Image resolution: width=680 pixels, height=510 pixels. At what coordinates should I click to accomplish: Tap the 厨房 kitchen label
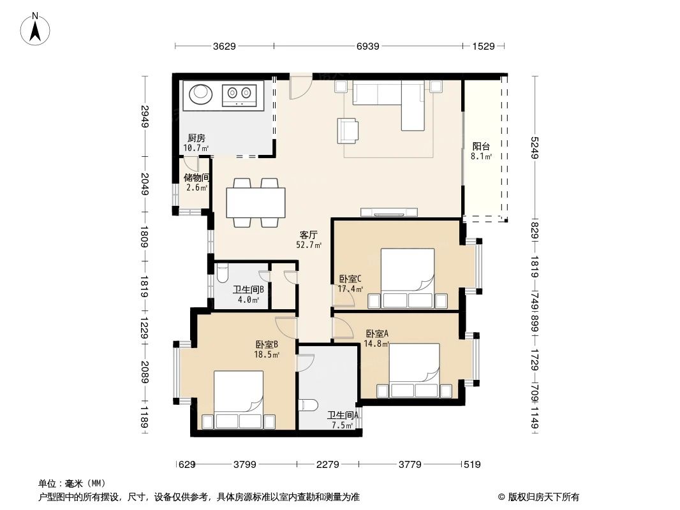[x=196, y=138]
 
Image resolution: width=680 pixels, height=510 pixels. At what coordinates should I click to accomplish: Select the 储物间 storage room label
[x=197, y=178]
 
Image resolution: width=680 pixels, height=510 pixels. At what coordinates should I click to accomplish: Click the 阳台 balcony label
[x=481, y=146]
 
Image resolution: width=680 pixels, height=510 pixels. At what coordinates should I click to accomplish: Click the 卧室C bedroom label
[x=350, y=279]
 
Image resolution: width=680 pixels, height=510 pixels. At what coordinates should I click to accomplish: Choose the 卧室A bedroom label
[x=377, y=333]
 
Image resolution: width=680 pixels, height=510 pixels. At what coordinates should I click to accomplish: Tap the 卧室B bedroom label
[x=267, y=345]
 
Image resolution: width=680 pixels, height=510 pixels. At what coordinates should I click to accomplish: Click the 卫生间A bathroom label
[x=343, y=416]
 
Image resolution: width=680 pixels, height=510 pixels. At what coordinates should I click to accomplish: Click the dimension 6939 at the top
[x=368, y=46]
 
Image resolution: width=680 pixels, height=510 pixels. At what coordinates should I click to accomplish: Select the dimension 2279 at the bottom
[x=327, y=465]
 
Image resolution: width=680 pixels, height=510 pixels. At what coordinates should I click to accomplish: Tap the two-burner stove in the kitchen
[x=240, y=95]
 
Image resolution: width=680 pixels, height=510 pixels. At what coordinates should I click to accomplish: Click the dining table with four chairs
[x=256, y=203]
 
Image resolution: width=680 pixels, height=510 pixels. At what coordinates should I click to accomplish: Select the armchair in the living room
[x=348, y=130]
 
